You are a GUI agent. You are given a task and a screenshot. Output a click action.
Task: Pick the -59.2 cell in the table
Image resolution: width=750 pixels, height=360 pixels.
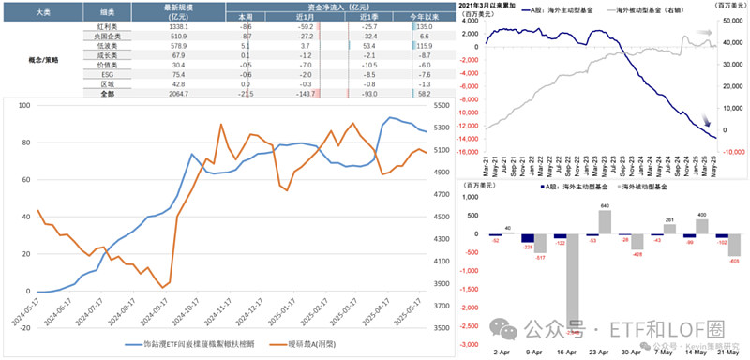(300, 28)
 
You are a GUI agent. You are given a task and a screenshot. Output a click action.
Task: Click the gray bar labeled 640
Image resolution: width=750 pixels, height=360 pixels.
(604, 221)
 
